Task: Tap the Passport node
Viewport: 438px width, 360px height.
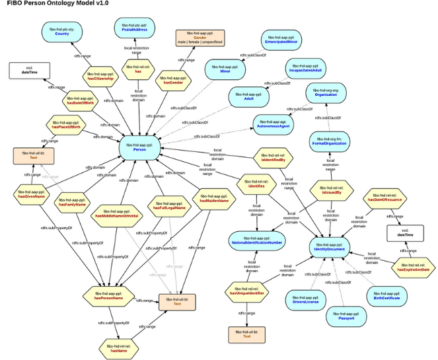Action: click(x=346, y=316)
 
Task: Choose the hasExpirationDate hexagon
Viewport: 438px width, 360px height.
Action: click(x=413, y=267)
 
